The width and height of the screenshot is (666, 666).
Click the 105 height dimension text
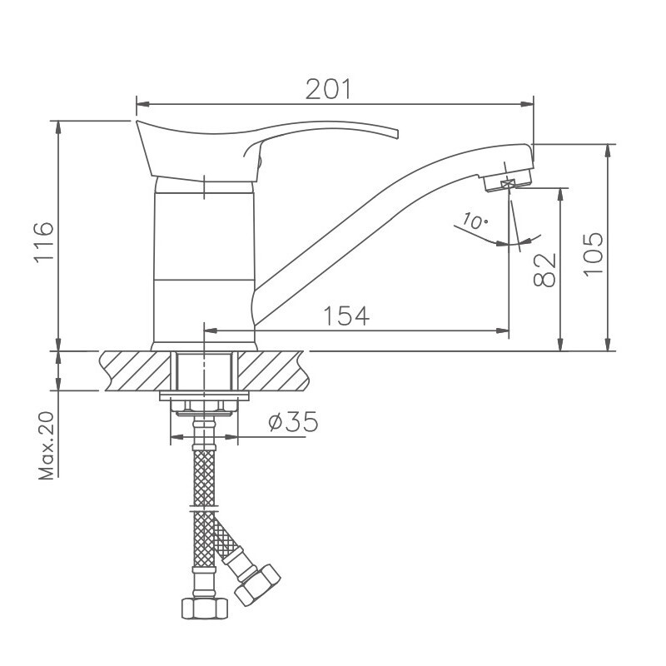[x=592, y=255]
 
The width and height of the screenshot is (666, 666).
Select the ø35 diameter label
[x=292, y=422]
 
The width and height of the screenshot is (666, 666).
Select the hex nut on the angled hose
[x=260, y=584]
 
